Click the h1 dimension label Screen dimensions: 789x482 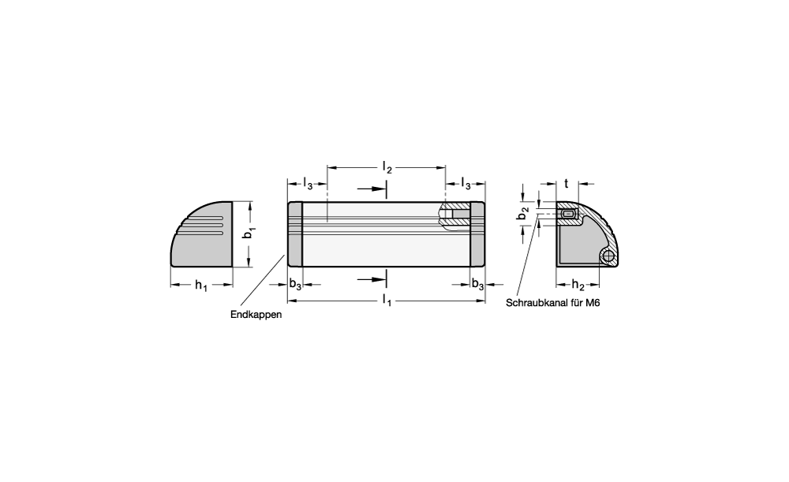[x=201, y=286]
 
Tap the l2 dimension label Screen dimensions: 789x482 [x=387, y=167]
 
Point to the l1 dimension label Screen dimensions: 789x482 [x=387, y=301]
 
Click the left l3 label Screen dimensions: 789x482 [x=308, y=183]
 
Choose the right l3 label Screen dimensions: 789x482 [x=466, y=183]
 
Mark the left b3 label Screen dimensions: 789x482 [x=295, y=284]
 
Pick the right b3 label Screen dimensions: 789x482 [x=477, y=284]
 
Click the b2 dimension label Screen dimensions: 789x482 [x=524, y=213]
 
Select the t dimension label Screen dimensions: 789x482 [x=566, y=184]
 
